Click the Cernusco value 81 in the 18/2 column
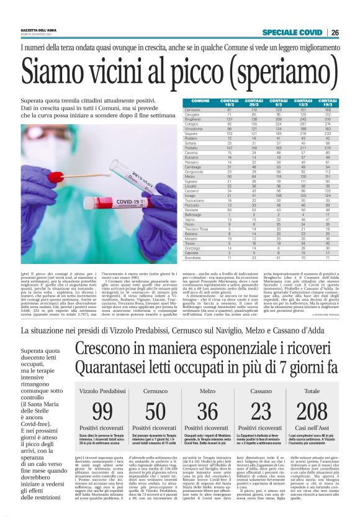tap(229, 109)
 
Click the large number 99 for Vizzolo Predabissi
tap(102, 411)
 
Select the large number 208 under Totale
tap(312, 411)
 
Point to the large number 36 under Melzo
tap(207, 411)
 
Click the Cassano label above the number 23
tap(261, 391)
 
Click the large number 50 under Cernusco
tap(155, 411)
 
